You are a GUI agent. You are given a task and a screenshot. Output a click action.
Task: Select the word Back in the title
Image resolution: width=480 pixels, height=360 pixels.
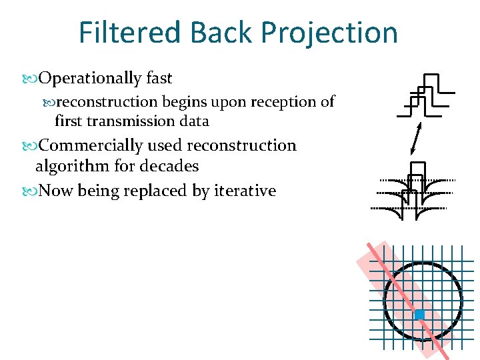tap(221, 32)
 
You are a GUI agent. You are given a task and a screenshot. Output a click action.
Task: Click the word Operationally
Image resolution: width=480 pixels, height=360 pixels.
tap(90, 79)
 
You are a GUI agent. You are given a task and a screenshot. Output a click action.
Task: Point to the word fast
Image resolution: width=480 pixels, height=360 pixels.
tap(159, 79)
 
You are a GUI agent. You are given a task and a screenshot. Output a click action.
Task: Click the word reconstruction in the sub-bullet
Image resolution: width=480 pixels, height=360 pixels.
tap(106, 102)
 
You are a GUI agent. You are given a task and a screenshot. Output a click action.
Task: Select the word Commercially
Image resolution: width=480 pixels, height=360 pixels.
tap(91, 145)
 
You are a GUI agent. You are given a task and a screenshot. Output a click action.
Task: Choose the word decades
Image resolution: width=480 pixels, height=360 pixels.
tap(169, 166)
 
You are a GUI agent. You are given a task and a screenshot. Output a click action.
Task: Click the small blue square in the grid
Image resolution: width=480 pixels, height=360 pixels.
tap(419, 314)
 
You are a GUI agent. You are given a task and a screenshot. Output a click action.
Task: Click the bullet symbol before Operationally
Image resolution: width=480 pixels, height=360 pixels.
tap(33, 79)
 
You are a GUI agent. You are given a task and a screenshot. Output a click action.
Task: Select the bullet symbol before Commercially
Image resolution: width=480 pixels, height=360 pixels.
tap(33, 146)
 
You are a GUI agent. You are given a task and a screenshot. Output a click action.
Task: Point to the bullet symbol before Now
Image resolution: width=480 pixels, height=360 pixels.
tap(33, 191)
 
